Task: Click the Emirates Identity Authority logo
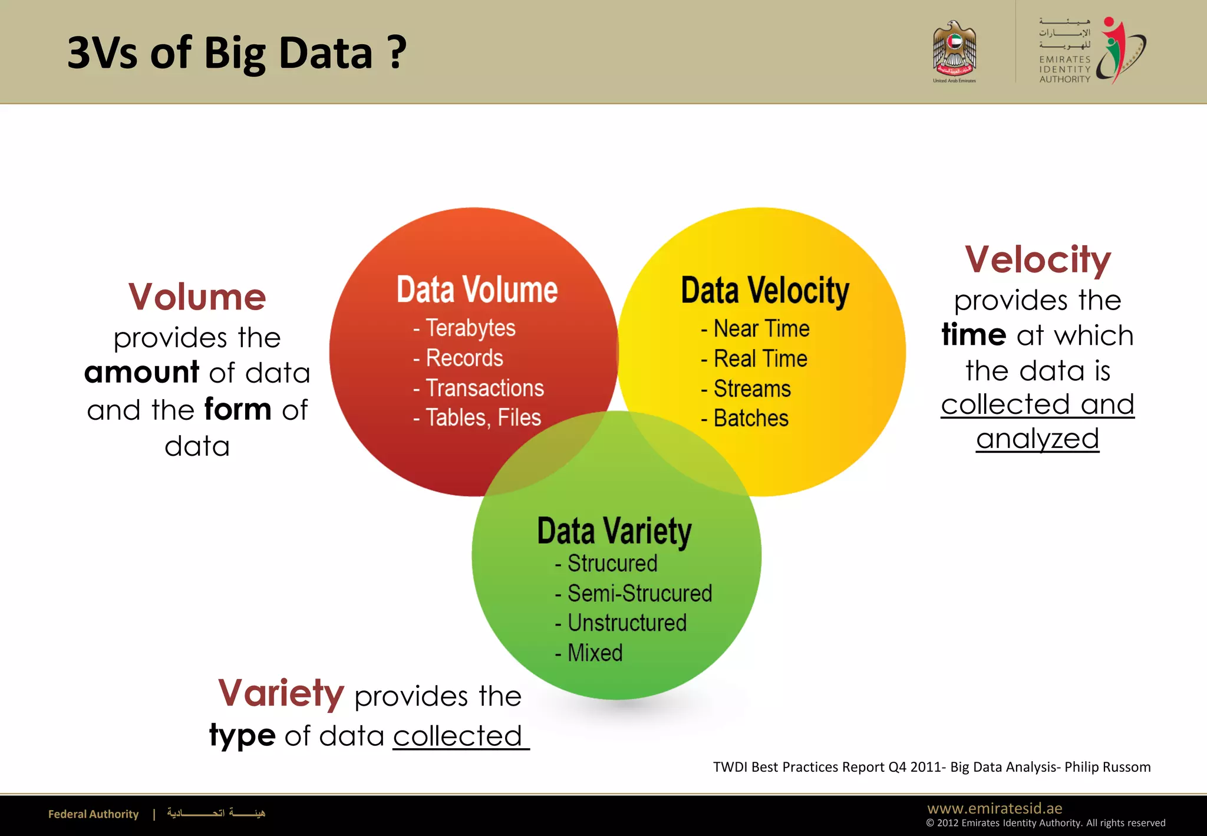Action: click(x=1092, y=51)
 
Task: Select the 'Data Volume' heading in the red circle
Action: click(x=477, y=290)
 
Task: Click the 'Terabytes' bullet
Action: click(x=470, y=328)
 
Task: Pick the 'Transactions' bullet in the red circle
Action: click(x=484, y=389)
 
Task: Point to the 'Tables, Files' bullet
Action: click(x=483, y=418)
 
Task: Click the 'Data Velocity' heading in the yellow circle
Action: click(x=765, y=291)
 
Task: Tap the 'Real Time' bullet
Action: click(x=760, y=359)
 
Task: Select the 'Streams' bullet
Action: click(x=751, y=389)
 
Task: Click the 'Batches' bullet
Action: click(x=750, y=419)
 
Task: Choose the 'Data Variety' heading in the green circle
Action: click(x=614, y=531)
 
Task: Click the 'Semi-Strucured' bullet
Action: click(x=639, y=594)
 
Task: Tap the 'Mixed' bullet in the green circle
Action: click(x=594, y=653)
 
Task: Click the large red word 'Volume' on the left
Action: click(x=197, y=297)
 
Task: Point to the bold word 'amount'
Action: click(x=141, y=373)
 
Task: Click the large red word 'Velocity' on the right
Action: click(x=1037, y=259)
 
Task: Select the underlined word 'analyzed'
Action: click(x=1037, y=439)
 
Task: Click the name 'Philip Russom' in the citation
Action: click(x=1107, y=767)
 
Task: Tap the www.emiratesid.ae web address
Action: click(x=994, y=808)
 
